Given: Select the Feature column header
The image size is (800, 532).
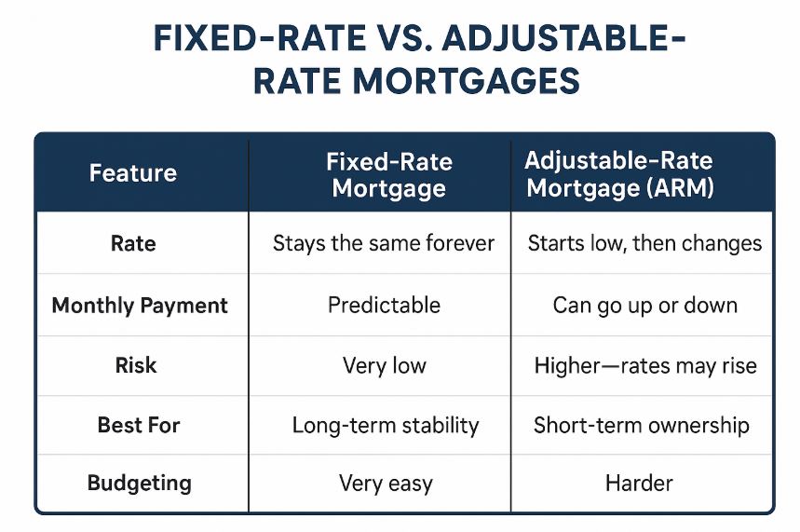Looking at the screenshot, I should click(132, 173).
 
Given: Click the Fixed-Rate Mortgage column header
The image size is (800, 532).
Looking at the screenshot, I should click(388, 175).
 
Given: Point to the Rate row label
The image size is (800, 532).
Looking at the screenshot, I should click(133, 244).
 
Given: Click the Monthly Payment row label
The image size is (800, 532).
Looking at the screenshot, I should click(139, 306).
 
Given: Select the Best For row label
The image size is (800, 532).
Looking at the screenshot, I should click(139, 425).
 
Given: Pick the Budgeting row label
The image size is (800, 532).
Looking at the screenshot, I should click(139, 483).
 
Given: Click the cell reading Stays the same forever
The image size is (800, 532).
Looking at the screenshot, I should click(383, 244).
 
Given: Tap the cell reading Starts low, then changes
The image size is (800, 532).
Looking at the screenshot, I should click(644, 244).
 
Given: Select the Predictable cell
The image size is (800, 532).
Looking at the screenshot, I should click(384, 306).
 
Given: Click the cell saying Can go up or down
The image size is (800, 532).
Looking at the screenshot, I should click(644, 306).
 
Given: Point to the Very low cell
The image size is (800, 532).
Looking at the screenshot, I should click(384, 365).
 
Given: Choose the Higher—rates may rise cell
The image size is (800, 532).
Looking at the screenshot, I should click(644, 365).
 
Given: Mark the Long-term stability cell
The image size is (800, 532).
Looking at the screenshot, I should click(385, 426).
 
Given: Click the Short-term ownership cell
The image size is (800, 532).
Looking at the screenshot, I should click(641, 426).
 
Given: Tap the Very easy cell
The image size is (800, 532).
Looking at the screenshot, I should click(386, 484).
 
